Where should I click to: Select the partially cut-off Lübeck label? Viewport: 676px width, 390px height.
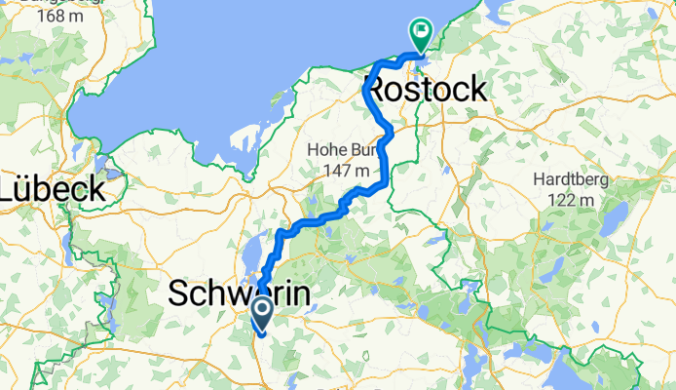tap(53, 188)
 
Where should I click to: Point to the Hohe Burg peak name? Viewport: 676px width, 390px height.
tap(340, 150)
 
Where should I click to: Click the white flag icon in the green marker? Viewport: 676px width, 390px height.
tap(421, 31)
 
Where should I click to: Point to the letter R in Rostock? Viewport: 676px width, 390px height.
tap(375, 91)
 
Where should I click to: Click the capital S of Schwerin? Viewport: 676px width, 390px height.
tap(179, 293)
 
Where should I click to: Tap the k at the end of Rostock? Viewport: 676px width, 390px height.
tap(476, 91)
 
